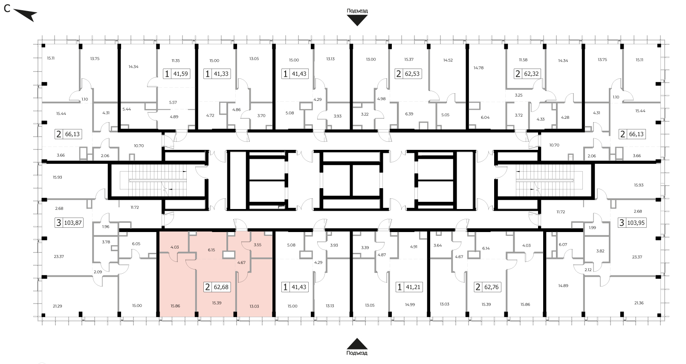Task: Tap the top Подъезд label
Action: click(357, 11)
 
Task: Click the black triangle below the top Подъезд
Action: click(357, 20)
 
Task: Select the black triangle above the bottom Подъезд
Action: click(357, 344)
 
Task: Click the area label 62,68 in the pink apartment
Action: click(221, 287)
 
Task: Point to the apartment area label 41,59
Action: click(180, 74)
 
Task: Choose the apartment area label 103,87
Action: click(73, 223)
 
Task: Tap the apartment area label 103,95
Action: click(636, 223)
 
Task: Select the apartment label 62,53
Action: click(412, 74)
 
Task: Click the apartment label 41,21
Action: click(413, 287)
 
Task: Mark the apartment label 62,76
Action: click(491, 287)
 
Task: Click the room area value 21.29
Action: click(57, 306)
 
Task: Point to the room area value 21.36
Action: click(639, 303)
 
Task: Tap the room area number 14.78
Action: click(478, 68)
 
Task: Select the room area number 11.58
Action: click(523, 60)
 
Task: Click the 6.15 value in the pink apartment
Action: click(211, 250)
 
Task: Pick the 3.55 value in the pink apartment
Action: click(258, 245)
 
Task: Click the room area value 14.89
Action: click(563, 286)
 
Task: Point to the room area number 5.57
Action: click(173, 103)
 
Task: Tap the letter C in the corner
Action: click(7, 9)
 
